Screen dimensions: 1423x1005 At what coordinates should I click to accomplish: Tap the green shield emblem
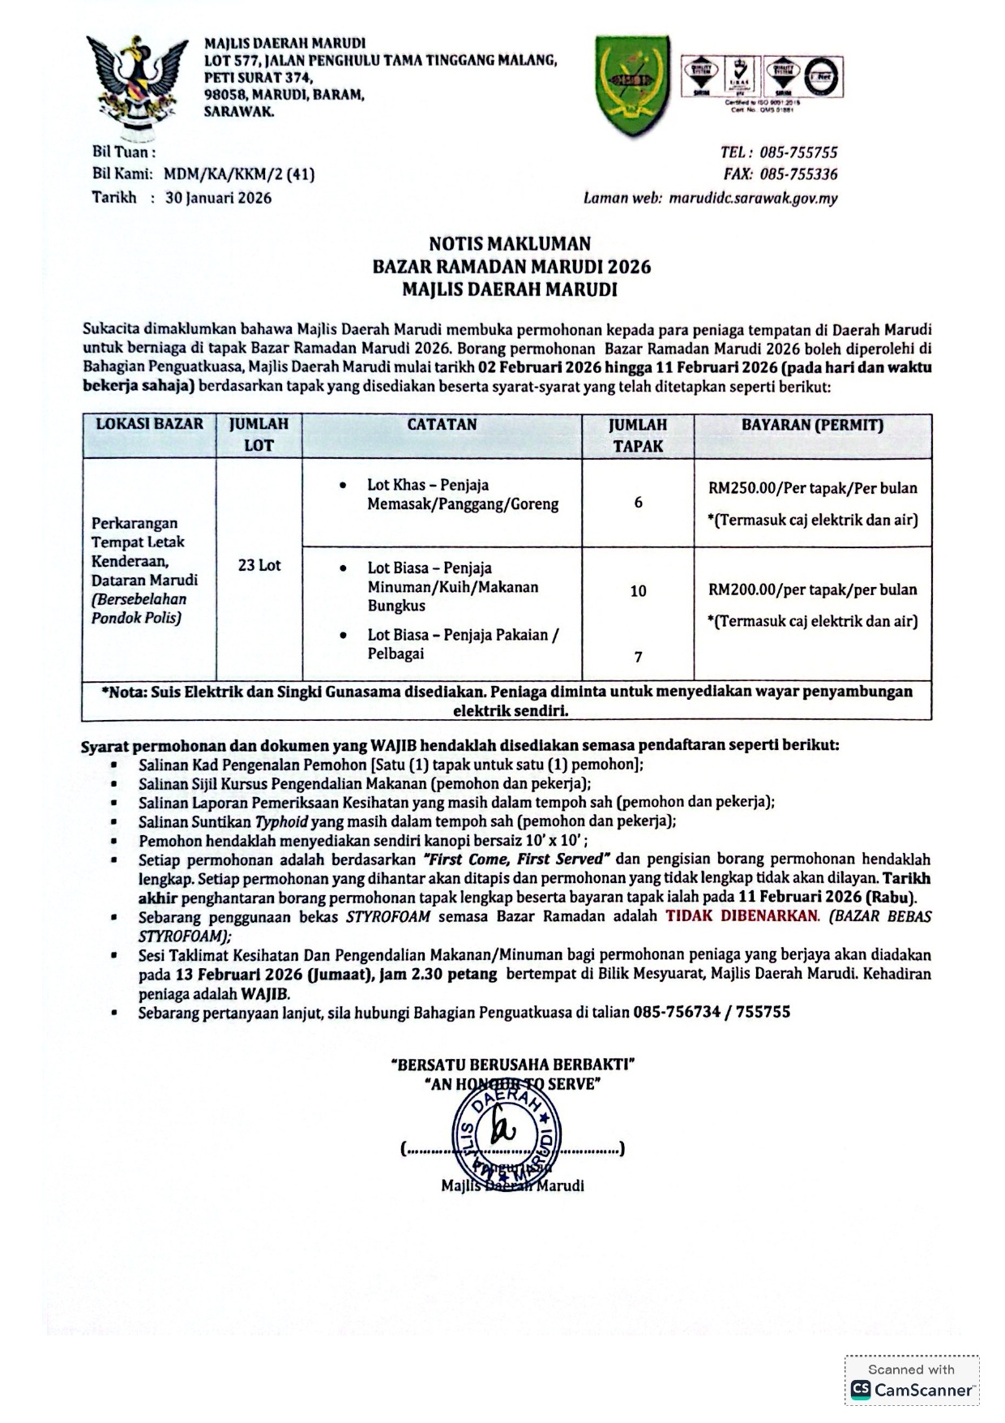(632, 84)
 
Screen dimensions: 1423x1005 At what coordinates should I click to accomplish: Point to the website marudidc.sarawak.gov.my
(753, 198)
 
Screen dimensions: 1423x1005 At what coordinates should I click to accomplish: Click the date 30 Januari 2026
(218, 198)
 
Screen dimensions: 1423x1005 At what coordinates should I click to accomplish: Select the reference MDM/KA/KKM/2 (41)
(239, 174)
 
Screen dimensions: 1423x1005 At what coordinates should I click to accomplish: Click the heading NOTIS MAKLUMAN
(510, 243)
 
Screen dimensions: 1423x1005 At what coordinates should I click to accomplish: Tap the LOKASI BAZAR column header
(150, 424)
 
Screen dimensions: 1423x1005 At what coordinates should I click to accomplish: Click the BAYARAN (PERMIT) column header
(812, 425)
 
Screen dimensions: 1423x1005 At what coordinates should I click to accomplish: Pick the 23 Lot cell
(259, 565)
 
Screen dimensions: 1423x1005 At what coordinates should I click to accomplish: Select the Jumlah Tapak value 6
(638, 503)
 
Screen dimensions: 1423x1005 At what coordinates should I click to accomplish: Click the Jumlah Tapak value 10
(638, 591)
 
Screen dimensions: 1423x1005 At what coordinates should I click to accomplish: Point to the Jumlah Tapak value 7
(638, 657)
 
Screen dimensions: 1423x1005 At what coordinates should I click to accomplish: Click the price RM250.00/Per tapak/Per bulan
(812, 488)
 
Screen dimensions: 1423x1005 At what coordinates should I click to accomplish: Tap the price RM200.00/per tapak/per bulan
(812, 589)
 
